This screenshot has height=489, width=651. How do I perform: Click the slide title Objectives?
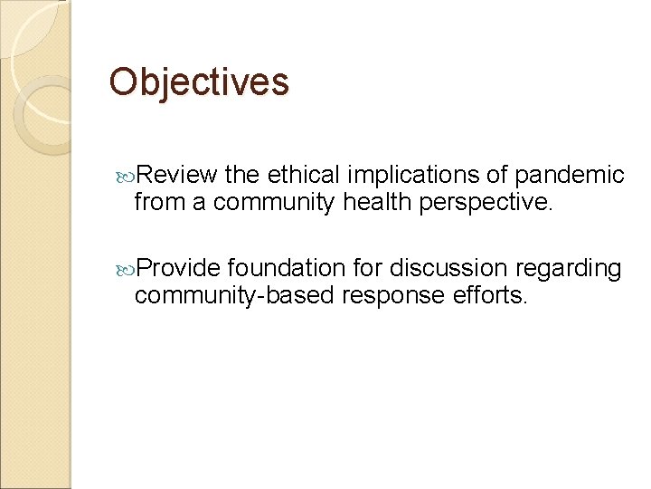(199, 81)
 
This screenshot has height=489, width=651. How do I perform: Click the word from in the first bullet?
(157, 203)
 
